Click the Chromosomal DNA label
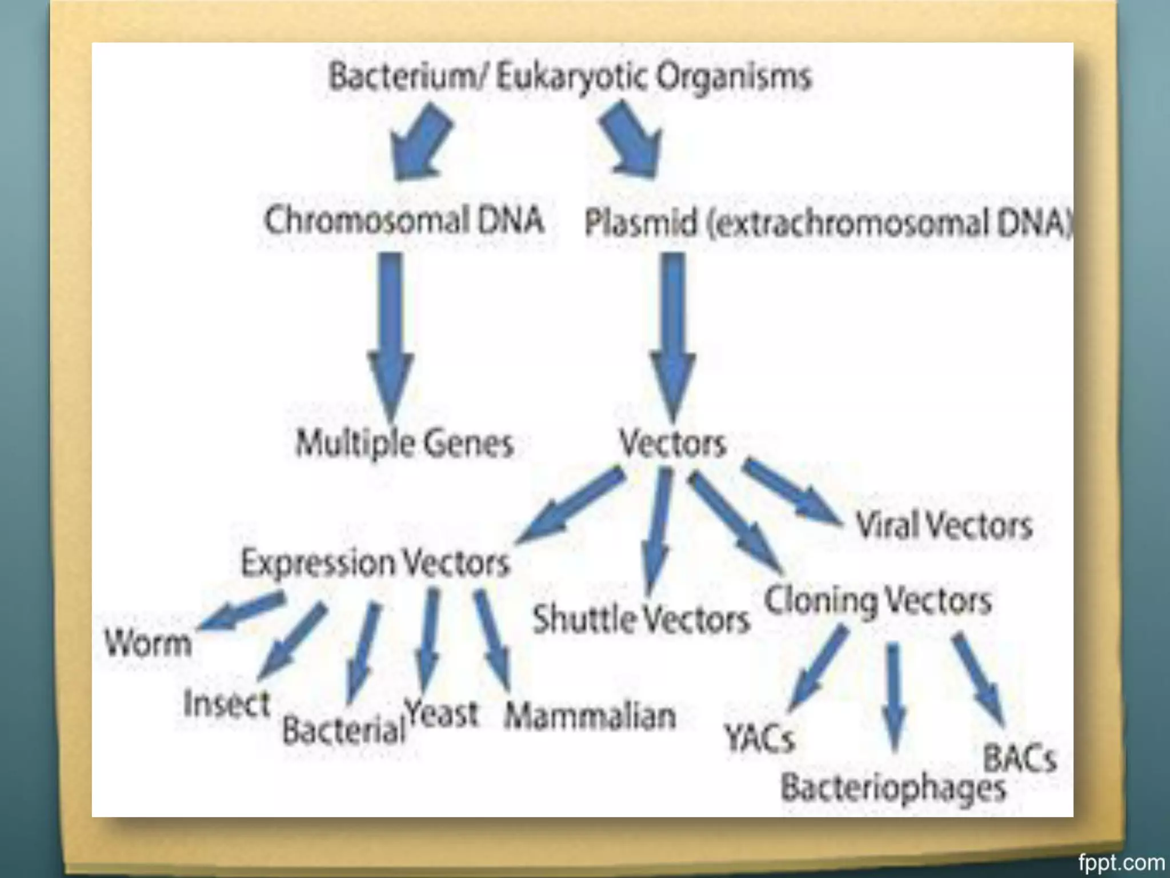coord(404,221)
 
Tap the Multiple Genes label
coord(404,444)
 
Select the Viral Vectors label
coord(944,525)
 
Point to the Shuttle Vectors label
coord(640,620)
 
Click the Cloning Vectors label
coord(877,601)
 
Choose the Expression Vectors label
coord(375,563)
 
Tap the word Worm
coord(148,644)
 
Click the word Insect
coord(226,703)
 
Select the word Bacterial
coord(343,731)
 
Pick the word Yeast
coord(441,714)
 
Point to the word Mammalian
coord(590,716)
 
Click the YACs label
coord(759,738)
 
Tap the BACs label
coord(1019,759)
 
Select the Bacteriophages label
coord(893,788)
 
